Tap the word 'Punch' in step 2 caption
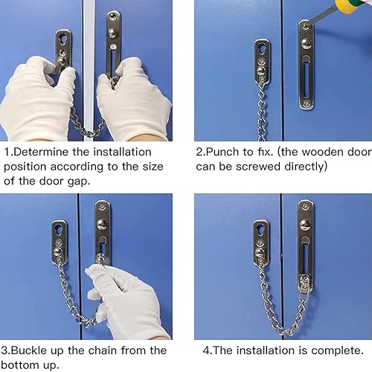pyautogui.click(x=222, y=152)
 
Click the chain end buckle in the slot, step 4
pyautogui.click(x=305, y=283)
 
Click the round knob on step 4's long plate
pyautogui.click(x=306, y=225)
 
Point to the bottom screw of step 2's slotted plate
pyautogui.click(x=307, y=103)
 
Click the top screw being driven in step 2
pyautogui.click(x=305, y=25)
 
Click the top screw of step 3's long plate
pyautogui.click(x=102, y=206)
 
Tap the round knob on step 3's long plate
pyautogui.click(x=102, y=225)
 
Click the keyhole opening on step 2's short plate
pyautogui.click(x=262, y=47)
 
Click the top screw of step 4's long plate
pyautogui.click(x=306, y=206)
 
